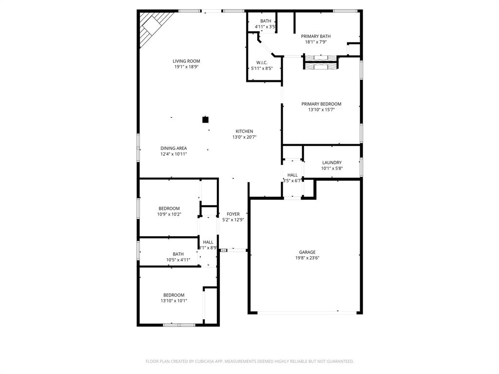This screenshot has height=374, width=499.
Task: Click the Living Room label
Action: (186, 61)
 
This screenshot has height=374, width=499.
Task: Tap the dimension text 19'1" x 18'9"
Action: (186, 67)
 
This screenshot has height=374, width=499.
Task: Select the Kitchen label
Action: (244, 131)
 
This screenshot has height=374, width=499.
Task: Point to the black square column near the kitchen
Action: (206, 119)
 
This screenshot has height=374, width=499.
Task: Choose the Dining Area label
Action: (173, 149)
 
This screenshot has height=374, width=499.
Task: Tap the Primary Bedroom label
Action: (321, 104)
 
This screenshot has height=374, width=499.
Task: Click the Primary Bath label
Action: (315, 37)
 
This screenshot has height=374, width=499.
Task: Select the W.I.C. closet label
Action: (262, 63)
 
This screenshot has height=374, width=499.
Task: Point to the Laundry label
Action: (331, 163)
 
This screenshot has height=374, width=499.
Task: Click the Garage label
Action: (307, 252)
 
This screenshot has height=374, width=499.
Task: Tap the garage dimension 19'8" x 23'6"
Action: (307, 258)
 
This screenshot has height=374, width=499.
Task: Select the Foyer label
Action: (233, 214)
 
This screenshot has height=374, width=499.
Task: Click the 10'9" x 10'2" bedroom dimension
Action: (169, 214)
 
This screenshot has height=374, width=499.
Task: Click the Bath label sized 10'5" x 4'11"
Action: (178, 254)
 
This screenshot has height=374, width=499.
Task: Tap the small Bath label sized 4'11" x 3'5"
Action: (266, 21)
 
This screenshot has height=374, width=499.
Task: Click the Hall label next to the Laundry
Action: (292, 175)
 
